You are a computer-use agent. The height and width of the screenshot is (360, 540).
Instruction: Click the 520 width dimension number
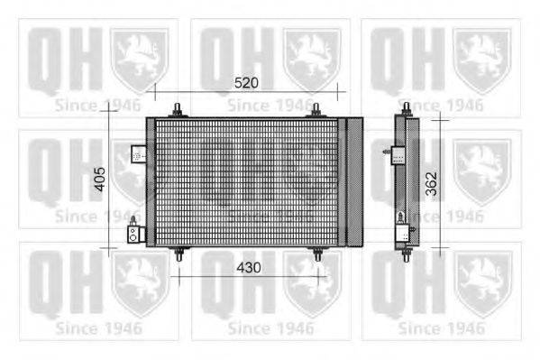(245, 82)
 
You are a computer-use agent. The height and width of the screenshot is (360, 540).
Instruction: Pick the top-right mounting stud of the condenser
(317, 110)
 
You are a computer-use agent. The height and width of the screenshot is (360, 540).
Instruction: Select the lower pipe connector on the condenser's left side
(135, 232)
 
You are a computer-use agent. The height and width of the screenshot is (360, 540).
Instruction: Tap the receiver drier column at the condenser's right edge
(354, 181)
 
